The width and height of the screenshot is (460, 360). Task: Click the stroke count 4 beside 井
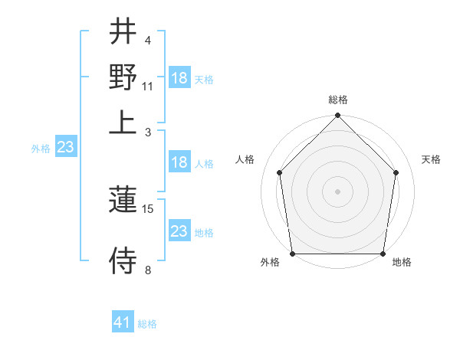tap(147, 40)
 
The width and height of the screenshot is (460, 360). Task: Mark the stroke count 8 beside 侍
tap(147, 270)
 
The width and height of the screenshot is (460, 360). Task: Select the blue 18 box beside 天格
tap(179, 78)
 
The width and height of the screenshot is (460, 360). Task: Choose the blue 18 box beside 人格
tap(179, 162)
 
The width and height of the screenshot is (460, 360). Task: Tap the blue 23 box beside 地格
tap(179, 231)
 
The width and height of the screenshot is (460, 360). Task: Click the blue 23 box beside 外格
tap(65, 147)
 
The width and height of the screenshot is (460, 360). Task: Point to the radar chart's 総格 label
tap(337, 100)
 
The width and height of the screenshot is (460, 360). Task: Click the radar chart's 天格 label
tap(432, 159)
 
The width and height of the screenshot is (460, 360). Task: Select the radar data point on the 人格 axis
tap(279, 172)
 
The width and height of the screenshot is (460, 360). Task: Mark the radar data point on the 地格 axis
tap(383, 254)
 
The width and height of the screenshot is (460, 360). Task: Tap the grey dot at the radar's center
tap(337, 191)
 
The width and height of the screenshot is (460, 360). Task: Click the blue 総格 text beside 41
tap(147, 324)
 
